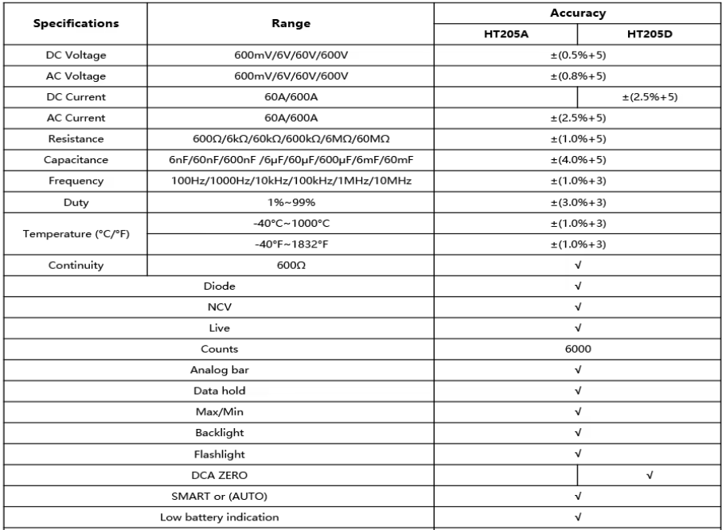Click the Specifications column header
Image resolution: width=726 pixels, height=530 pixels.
pos(75,24)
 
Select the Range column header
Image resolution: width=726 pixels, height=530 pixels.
pos(291,24)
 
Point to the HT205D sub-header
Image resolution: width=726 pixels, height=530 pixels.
pos(650,33)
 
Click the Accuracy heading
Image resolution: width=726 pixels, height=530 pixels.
pos(578,13)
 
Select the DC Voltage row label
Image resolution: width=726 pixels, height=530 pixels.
pos(75,56)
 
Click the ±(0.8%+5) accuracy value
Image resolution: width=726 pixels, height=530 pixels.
pos(578,76)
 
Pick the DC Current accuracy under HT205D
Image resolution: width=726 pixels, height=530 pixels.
pos(650,97)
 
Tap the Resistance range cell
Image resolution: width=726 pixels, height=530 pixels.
pos(291,139)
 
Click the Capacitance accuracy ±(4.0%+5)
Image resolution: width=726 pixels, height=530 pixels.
pos(578,160)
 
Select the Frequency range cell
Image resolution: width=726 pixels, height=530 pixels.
pos(291,181)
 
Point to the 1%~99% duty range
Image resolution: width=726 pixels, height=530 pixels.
pos(291,202)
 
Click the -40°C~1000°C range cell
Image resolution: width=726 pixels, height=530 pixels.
pos(291,224)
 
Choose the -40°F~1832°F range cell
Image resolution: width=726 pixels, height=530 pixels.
pos(291,244)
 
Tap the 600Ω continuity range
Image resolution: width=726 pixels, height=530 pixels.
pos(291,266)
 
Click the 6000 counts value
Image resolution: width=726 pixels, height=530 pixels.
pos(578,349)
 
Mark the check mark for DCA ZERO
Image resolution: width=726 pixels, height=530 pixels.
pos(650,475)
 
